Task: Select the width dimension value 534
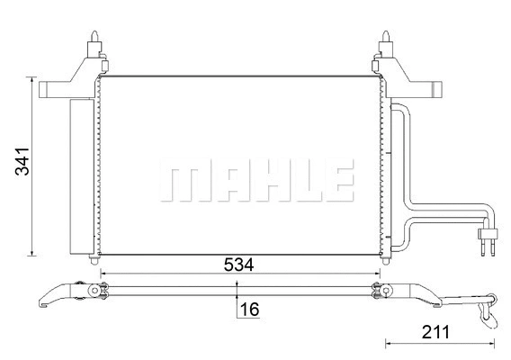tap(238, 265)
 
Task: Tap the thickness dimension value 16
tap(249, 309)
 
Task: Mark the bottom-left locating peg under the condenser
tap(96, 259)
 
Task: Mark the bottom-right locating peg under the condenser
tap(381, 259)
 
